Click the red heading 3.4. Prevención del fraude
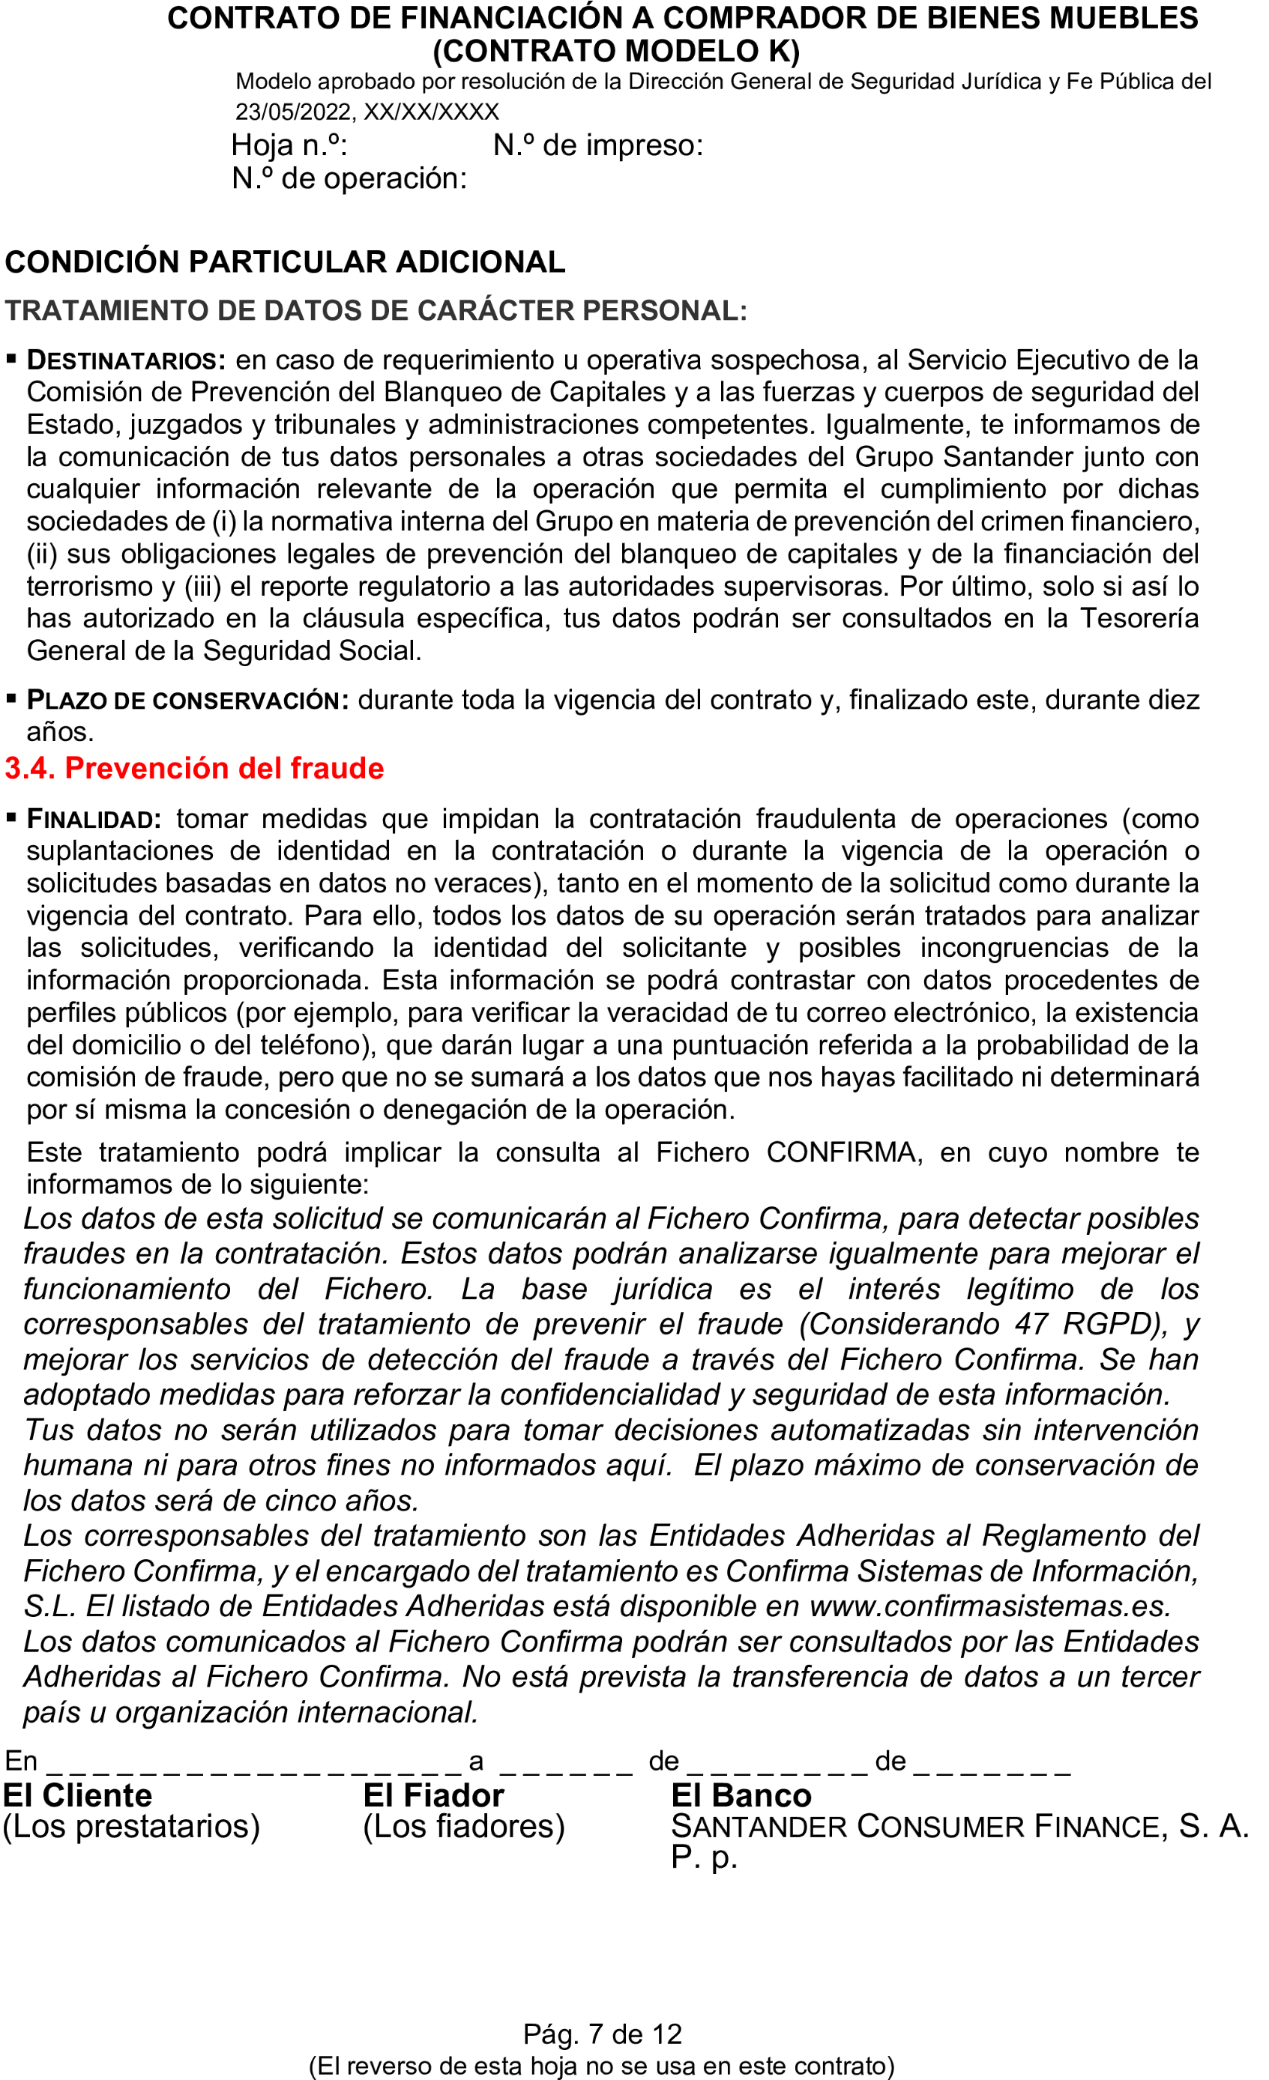[194, 768]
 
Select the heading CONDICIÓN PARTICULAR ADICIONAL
[285, 262]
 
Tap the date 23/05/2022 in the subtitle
[293, 112]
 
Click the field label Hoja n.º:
[289, 146]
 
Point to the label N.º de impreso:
[598, 146]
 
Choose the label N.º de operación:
[349, 179]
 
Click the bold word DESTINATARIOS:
[126, 360]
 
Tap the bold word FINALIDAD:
[94, 819]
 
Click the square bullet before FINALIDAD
[11, 817]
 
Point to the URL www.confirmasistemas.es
[989, 1606]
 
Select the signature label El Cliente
[78, 1795]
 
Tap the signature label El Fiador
[433, 1795]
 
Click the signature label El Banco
[741, 1795]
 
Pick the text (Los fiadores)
[463, 1827]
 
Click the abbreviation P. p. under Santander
[704, 1857]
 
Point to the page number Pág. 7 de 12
[602, 2034]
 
